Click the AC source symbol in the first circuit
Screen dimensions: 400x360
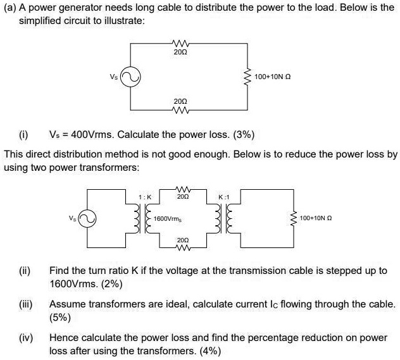click(130, 77)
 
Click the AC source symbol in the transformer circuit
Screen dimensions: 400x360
click(87, 218)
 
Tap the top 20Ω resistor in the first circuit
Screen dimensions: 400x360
click(180, 42)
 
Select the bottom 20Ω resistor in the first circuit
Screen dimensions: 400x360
click(180, 110)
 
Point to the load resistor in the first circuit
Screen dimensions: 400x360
click(247, 77)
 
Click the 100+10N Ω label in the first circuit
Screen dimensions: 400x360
click(273, 77)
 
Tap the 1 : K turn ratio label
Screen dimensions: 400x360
click(145, 197)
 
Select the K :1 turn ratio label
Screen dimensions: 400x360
click(224, 197)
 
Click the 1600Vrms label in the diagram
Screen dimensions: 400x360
click(168, 219)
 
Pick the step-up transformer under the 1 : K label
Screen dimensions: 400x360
click(143, 218)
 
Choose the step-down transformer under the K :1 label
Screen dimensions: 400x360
click(223, 218)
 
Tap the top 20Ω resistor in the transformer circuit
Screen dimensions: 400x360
click(183, 189)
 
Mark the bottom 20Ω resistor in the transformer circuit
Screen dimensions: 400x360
click(183, 247)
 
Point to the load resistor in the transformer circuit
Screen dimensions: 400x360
click(294, 218)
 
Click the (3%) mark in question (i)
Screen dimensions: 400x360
click(244, 134)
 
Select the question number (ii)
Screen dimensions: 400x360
click(25, 271)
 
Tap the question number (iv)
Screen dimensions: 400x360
click(26, 338)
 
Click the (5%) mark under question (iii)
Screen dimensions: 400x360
click(59, 317)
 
